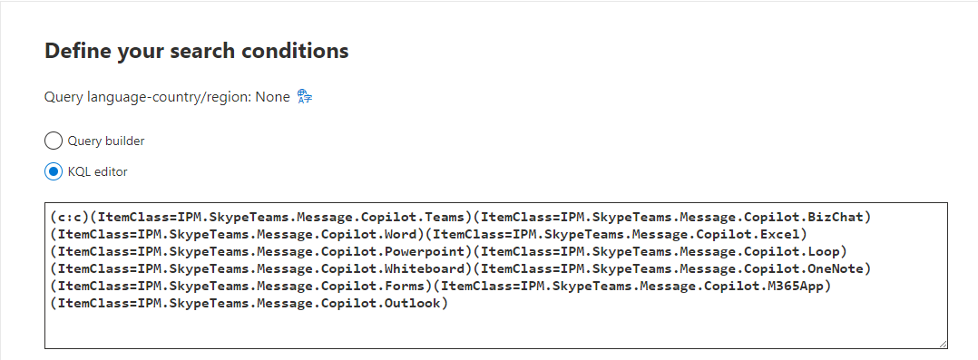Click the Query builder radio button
click(x=54, y=141)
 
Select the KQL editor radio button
click(x=54, y=171)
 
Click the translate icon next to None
click(x=304, y=96)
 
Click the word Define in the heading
click(x=76, y=51)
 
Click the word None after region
click(x=272, y=96)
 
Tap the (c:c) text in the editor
click(x=71, y=218)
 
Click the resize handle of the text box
click(x=943, y=344)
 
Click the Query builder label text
click(x=106, y=141)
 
